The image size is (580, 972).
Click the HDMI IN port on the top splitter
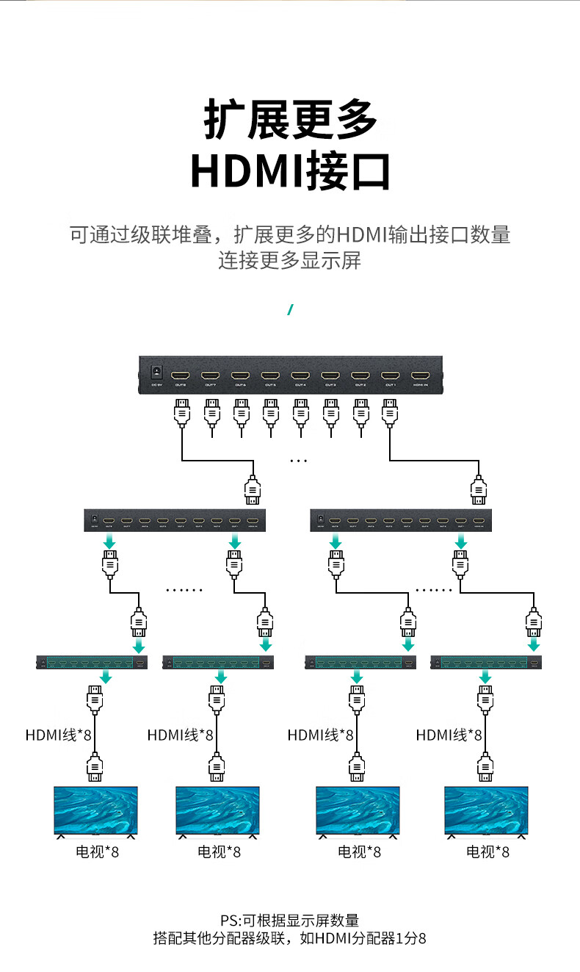[x=421, y=375]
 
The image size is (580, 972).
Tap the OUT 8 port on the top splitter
[x=181, y=375]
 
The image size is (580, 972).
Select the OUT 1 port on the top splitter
[x=391, y=375]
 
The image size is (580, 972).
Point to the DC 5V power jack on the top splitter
[x=156, y=374]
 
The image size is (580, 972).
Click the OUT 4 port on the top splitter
[x=300, y=375]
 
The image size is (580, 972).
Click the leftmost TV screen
[x=95, y=810]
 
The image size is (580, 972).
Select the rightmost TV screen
[x=486, y=810]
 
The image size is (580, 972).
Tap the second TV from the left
[x=217, y=810]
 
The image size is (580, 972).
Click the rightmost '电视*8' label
[x=487, y=852]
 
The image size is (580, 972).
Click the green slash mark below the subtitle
[x=290, y=309]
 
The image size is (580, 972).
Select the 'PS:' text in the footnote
[x=231, y=921]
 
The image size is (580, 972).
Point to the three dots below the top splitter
[x=299, y=461]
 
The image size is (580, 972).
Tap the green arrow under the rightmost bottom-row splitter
[x=485, y=677]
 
